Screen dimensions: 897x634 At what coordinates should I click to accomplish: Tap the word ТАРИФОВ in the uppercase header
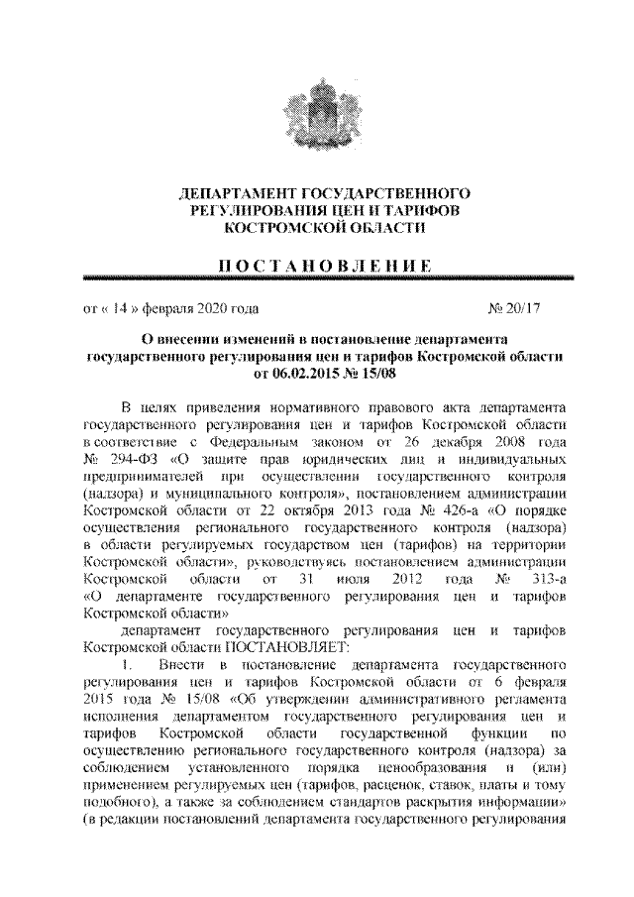(406, 208)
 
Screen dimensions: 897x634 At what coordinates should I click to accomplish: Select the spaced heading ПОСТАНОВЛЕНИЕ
(316, 265)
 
